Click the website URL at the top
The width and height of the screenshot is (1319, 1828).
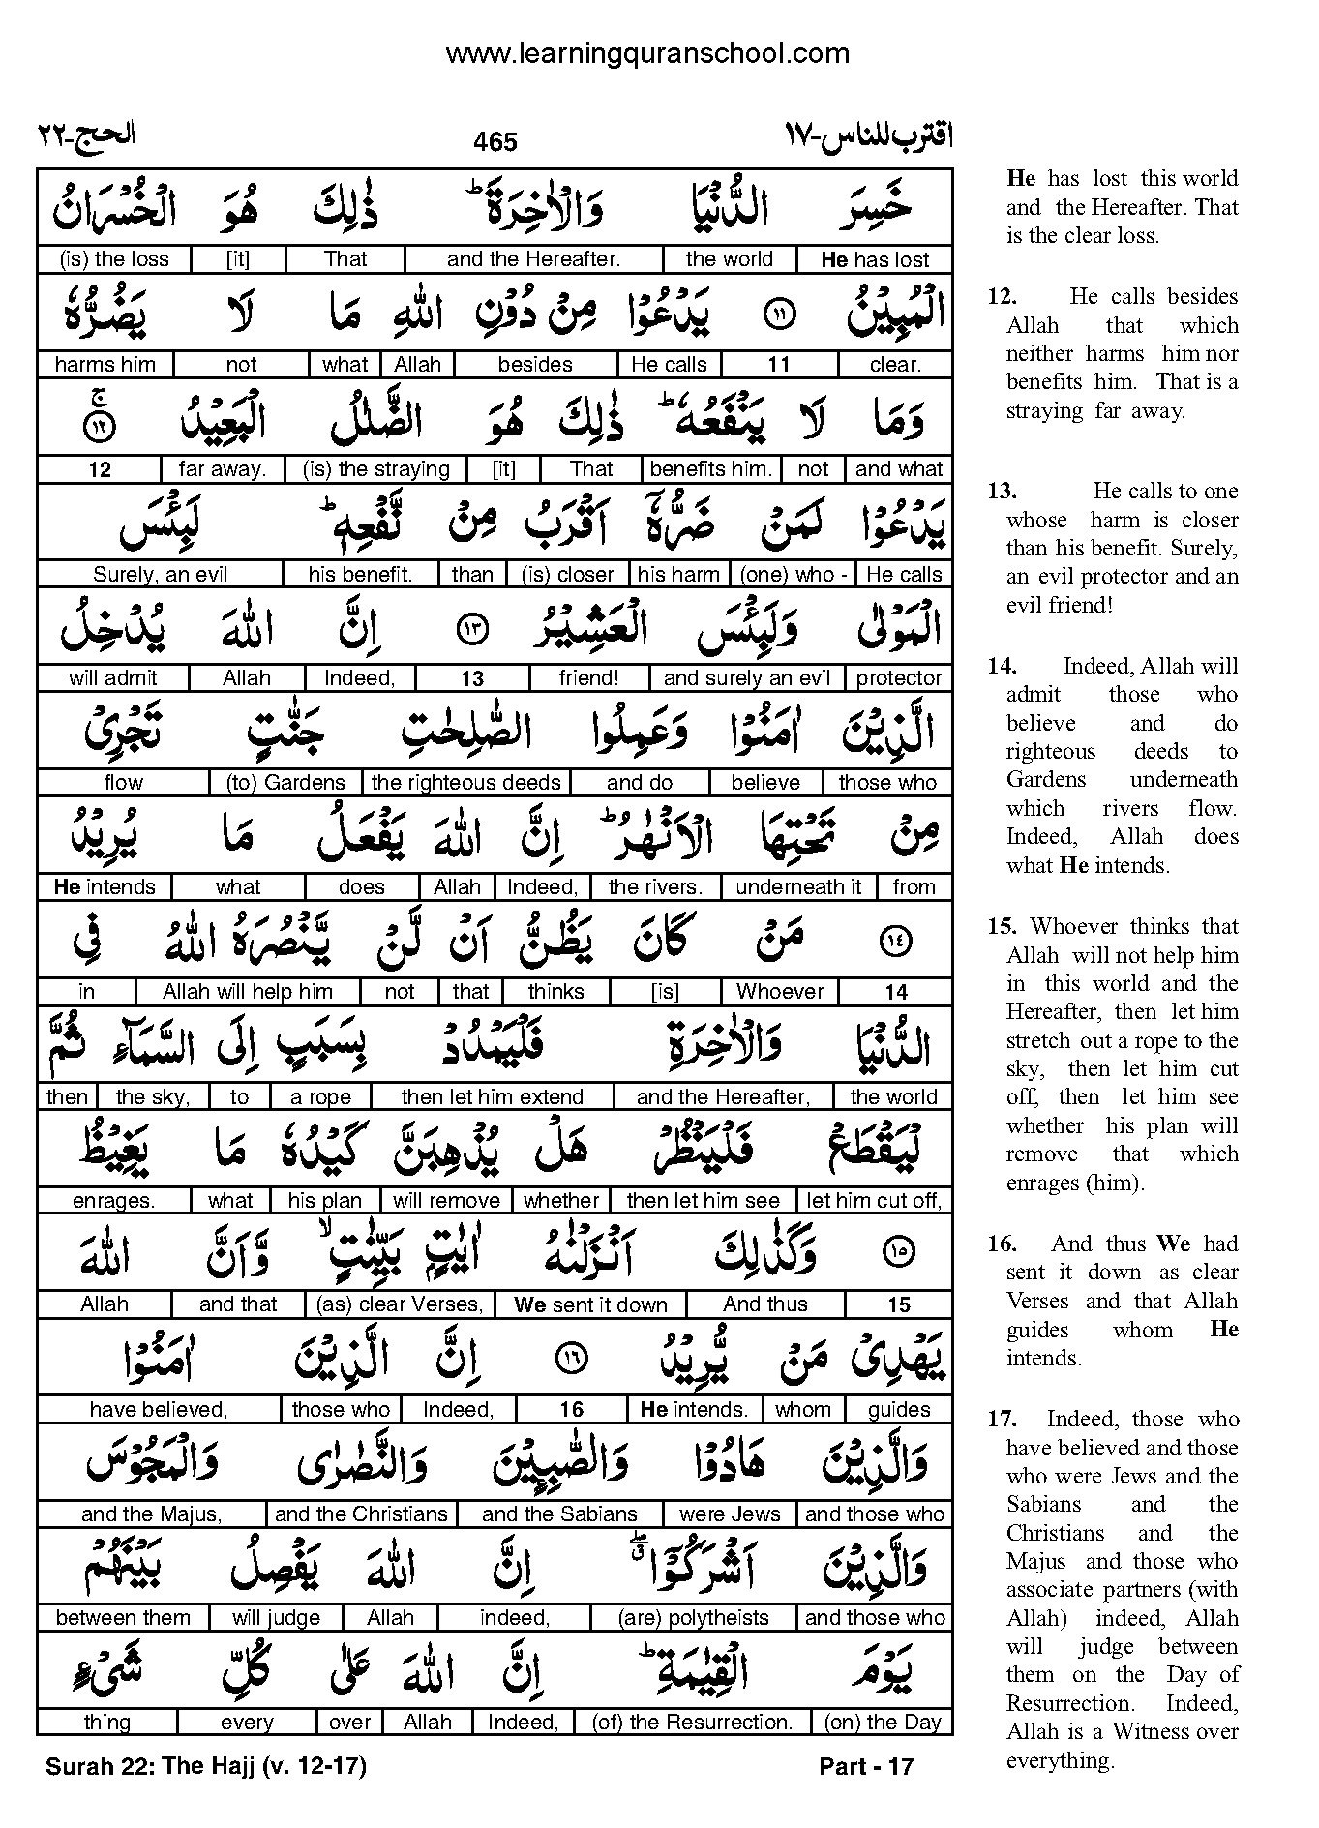[x=646, y=54]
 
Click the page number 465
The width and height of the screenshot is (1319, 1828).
[x=495, y=142]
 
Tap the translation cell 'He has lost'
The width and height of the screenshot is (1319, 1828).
[x=874, y=259]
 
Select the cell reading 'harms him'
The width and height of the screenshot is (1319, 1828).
[x=105, y=365]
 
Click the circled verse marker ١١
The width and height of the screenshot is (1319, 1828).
[x=779, y=314]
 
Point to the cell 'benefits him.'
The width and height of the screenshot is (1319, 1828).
[x=710, y=469]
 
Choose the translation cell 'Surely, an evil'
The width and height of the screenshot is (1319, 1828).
[x=160, y=574]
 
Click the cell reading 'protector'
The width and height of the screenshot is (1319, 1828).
[x=898, y=678]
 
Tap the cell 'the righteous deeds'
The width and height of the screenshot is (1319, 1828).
[x=465, y=783]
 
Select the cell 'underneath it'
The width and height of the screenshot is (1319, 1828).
[x=798, y=887]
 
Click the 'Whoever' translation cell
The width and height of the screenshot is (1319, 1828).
[x=779, y=992]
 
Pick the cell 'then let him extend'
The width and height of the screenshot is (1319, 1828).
[x=492, y=1097]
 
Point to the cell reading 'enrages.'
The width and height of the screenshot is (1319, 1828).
[x=113, y=1201]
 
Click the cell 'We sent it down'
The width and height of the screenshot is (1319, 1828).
[x=590, y=1304]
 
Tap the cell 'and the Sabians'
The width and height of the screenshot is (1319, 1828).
[x=559, y=1514]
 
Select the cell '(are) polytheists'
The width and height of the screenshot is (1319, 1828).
[x=693, y=1618]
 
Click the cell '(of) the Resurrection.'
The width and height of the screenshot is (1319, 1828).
[x=692, y=1723]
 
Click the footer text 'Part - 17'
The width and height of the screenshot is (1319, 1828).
[x=866, y=1766]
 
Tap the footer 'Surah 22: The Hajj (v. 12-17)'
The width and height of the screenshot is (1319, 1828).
[x=205, y=1766]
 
